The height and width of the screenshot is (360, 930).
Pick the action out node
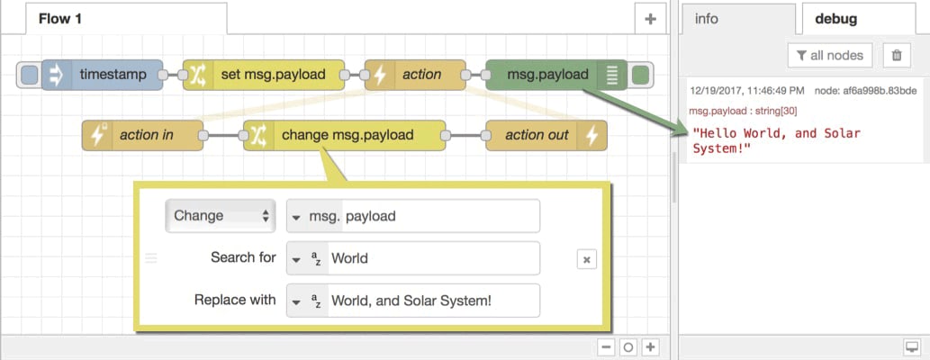coord(536,135)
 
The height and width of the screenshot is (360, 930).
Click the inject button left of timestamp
coord(30,75)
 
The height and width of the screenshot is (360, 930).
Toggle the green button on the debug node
coord(641,75)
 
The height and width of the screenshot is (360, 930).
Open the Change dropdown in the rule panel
coord(221,216)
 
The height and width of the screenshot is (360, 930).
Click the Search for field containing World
coord(432,258)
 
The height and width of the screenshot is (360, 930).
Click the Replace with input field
coord(432,301)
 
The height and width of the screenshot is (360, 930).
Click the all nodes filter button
coord(828,55)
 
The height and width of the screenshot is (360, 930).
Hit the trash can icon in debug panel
coord(896,55)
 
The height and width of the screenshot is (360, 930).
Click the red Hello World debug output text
coord(776,140)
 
